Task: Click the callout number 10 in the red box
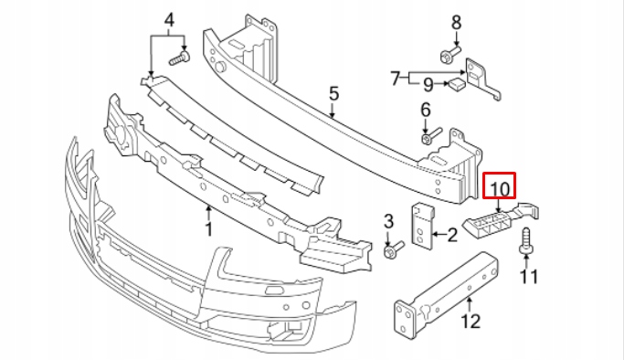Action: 500,189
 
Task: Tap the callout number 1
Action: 208,229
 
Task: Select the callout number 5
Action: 333,93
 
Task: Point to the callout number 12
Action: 471,321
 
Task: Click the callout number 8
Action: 456,22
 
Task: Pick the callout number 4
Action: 170,19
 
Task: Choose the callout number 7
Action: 395,79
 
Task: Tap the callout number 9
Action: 428,85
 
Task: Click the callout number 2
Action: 452,235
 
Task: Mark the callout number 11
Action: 529,277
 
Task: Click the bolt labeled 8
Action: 450,54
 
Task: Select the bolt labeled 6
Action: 431,135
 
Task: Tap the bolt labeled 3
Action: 394,249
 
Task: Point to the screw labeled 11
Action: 526,241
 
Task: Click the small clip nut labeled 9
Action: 457,83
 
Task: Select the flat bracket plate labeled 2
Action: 422,226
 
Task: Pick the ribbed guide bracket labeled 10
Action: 501,221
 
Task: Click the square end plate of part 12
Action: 405,317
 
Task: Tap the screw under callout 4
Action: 179,58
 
